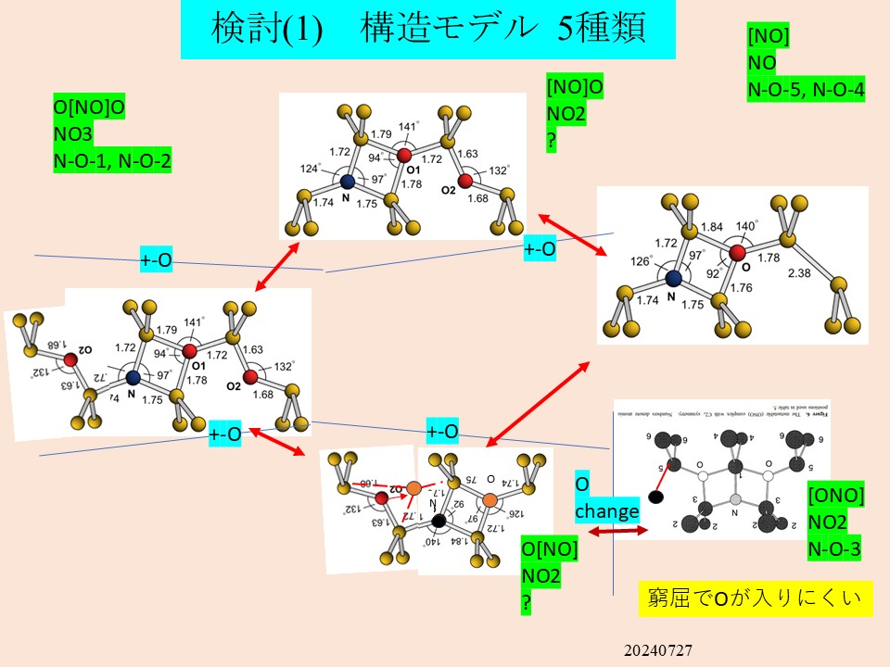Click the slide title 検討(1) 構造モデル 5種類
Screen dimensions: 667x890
(x=427, y=30)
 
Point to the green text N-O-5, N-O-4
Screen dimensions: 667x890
(x=806, y=90)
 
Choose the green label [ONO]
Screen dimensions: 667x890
(x=837, y=496)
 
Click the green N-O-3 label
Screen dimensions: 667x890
(x=835, y=549)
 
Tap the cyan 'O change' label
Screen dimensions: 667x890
(x=607, y=498)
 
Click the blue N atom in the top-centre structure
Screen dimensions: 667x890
(x=347, y=183)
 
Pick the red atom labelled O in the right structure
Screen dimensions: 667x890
(x=738, y=252)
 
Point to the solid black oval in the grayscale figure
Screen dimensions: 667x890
(x=656, y=497)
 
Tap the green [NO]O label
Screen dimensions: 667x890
(x=575, y=87)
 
